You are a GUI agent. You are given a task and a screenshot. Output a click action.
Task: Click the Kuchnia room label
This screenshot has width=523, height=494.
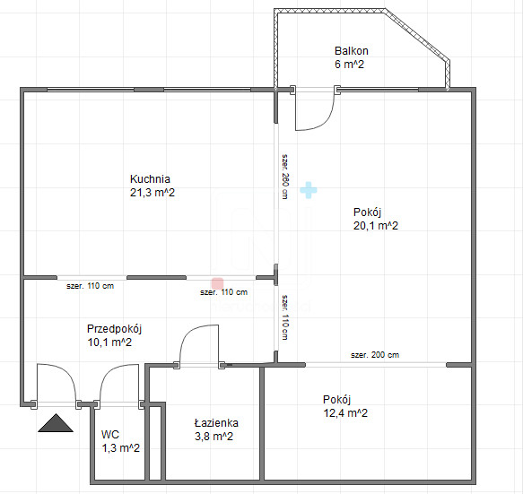(150, 179)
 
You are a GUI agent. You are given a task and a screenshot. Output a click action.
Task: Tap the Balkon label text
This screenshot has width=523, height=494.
(352, 51)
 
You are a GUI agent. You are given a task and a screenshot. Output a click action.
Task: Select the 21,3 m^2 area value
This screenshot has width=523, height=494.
(153, 193)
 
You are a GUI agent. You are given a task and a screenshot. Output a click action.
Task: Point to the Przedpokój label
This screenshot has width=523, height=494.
(115, 329)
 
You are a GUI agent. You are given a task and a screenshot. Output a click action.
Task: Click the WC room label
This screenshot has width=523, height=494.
(110, 434)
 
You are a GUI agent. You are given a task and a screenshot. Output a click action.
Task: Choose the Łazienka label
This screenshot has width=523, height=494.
(216, 422)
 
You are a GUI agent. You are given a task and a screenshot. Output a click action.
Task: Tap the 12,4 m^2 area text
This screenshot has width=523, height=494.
(345, 413)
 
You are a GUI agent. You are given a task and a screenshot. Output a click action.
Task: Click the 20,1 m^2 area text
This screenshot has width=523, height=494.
(376, 226)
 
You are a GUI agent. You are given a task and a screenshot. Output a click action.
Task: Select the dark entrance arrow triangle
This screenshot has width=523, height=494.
(56, 423)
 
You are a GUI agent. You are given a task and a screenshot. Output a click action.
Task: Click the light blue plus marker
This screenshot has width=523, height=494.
(309, 190)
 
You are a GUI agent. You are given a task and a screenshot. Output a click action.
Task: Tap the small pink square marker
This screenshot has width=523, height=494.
(217, 283)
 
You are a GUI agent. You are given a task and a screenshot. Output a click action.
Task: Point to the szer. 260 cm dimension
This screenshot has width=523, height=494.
(285, 177)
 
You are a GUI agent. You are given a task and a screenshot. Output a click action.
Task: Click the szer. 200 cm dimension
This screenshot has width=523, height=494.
(375, 355)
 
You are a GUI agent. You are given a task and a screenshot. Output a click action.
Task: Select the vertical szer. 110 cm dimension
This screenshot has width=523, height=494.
(285, 317)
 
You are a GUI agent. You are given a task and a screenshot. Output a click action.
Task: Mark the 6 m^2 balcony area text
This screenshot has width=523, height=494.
(349, 64)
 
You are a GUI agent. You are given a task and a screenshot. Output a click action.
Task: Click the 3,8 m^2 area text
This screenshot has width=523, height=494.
(214, 436)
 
